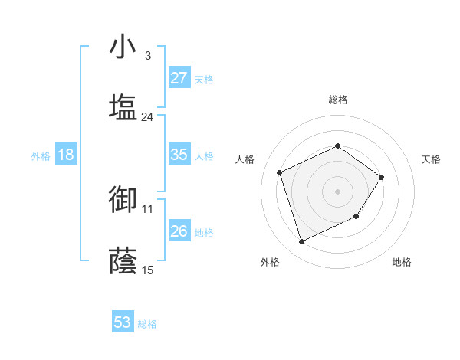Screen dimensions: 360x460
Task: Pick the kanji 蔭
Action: [123, 260]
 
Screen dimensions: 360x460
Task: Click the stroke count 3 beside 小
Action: [147, 56]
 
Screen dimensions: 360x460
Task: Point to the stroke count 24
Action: [147, 117]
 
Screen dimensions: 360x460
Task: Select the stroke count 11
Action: [147, 208]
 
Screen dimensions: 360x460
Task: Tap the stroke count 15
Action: [147, 270]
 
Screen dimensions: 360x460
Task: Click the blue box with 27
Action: [179, 78]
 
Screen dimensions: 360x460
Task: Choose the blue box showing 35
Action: [179, 155]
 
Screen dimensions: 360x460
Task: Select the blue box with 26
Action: [179, 231]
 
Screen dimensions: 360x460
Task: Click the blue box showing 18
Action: [66, 155]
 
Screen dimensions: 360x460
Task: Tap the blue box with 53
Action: [123, 323]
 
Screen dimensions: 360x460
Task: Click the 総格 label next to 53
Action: [148, 324]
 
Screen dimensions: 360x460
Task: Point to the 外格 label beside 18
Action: [41, 155]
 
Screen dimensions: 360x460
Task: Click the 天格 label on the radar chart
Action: [432, 159]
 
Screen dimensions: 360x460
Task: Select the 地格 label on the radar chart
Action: [402, 262]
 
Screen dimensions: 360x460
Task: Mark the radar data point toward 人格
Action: [281, 172]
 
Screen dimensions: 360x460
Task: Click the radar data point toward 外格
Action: [301, 242]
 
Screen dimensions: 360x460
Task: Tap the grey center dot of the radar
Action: [337, 191]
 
